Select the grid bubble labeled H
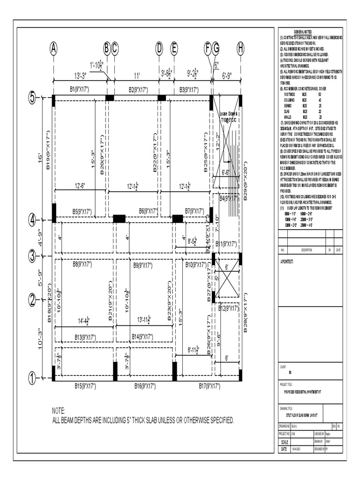click(240, 48)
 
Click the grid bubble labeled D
click(159, 48)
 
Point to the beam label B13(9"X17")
click(85, 337)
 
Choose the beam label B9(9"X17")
click(143, 265)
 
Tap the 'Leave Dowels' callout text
click(229, 114)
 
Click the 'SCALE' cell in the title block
click(284, 442)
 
